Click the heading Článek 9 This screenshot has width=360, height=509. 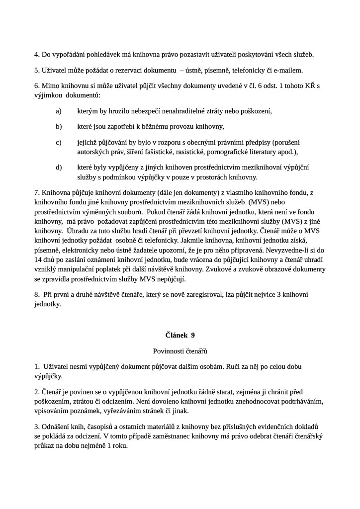pos(180,335)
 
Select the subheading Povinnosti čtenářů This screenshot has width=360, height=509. pos(180,351)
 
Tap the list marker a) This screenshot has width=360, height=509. pos(59,111)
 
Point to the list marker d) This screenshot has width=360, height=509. pos(59,167)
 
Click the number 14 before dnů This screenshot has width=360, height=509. pos(38,259)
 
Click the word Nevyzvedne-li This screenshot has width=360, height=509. pos(278,250)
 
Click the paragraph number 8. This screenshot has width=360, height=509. pos(37,295)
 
